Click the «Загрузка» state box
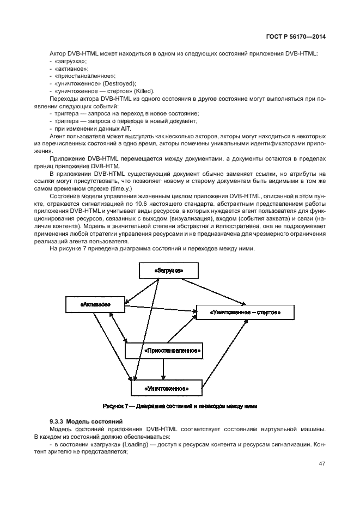pos(168,271)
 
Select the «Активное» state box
pos(95,305)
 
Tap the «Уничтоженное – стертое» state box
pos(245,312)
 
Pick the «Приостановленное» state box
pos(163,351)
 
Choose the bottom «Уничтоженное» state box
pos(166,388)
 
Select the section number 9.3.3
pos(57,422)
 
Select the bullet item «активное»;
pos(66,69)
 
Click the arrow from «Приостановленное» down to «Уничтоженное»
pos(163,369)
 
